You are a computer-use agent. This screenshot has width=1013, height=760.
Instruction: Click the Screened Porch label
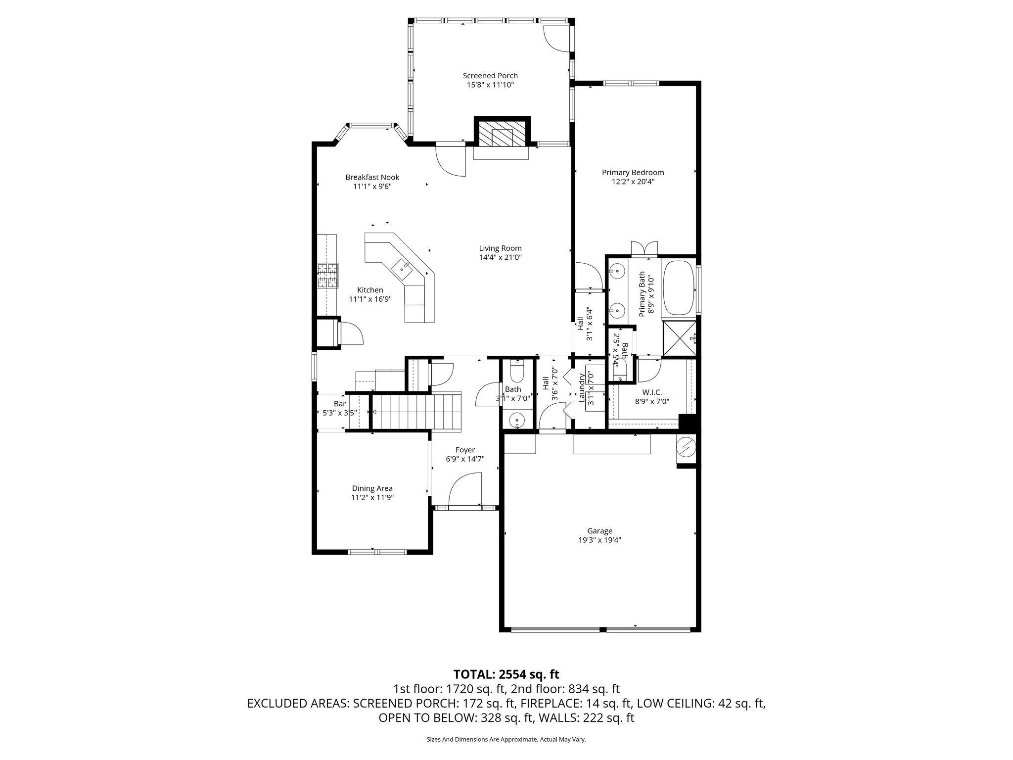[490, 76]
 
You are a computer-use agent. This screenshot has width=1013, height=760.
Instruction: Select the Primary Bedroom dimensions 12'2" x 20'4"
[633, 182]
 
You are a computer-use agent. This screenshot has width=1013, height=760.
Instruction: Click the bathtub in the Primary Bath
[678, 287]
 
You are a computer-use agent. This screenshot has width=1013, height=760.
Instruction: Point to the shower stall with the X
[679, 338]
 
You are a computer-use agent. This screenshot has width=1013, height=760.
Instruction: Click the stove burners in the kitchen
[327, 276]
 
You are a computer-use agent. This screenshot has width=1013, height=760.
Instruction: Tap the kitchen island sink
[402, 268]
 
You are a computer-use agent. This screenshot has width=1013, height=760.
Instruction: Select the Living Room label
[500, 248]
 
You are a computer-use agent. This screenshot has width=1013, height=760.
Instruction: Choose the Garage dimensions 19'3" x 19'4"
[599, 540]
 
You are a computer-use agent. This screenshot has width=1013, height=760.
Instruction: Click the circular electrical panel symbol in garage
[686, 448]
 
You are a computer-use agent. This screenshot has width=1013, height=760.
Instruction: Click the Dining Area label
[372, 488]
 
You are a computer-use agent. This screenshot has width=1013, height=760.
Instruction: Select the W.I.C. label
[652, 392]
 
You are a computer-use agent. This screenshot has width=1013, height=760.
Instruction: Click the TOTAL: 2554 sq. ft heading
[506, 674]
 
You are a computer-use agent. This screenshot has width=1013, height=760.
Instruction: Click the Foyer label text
[465, 450]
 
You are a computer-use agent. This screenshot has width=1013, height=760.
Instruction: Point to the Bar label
[339, 404]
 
